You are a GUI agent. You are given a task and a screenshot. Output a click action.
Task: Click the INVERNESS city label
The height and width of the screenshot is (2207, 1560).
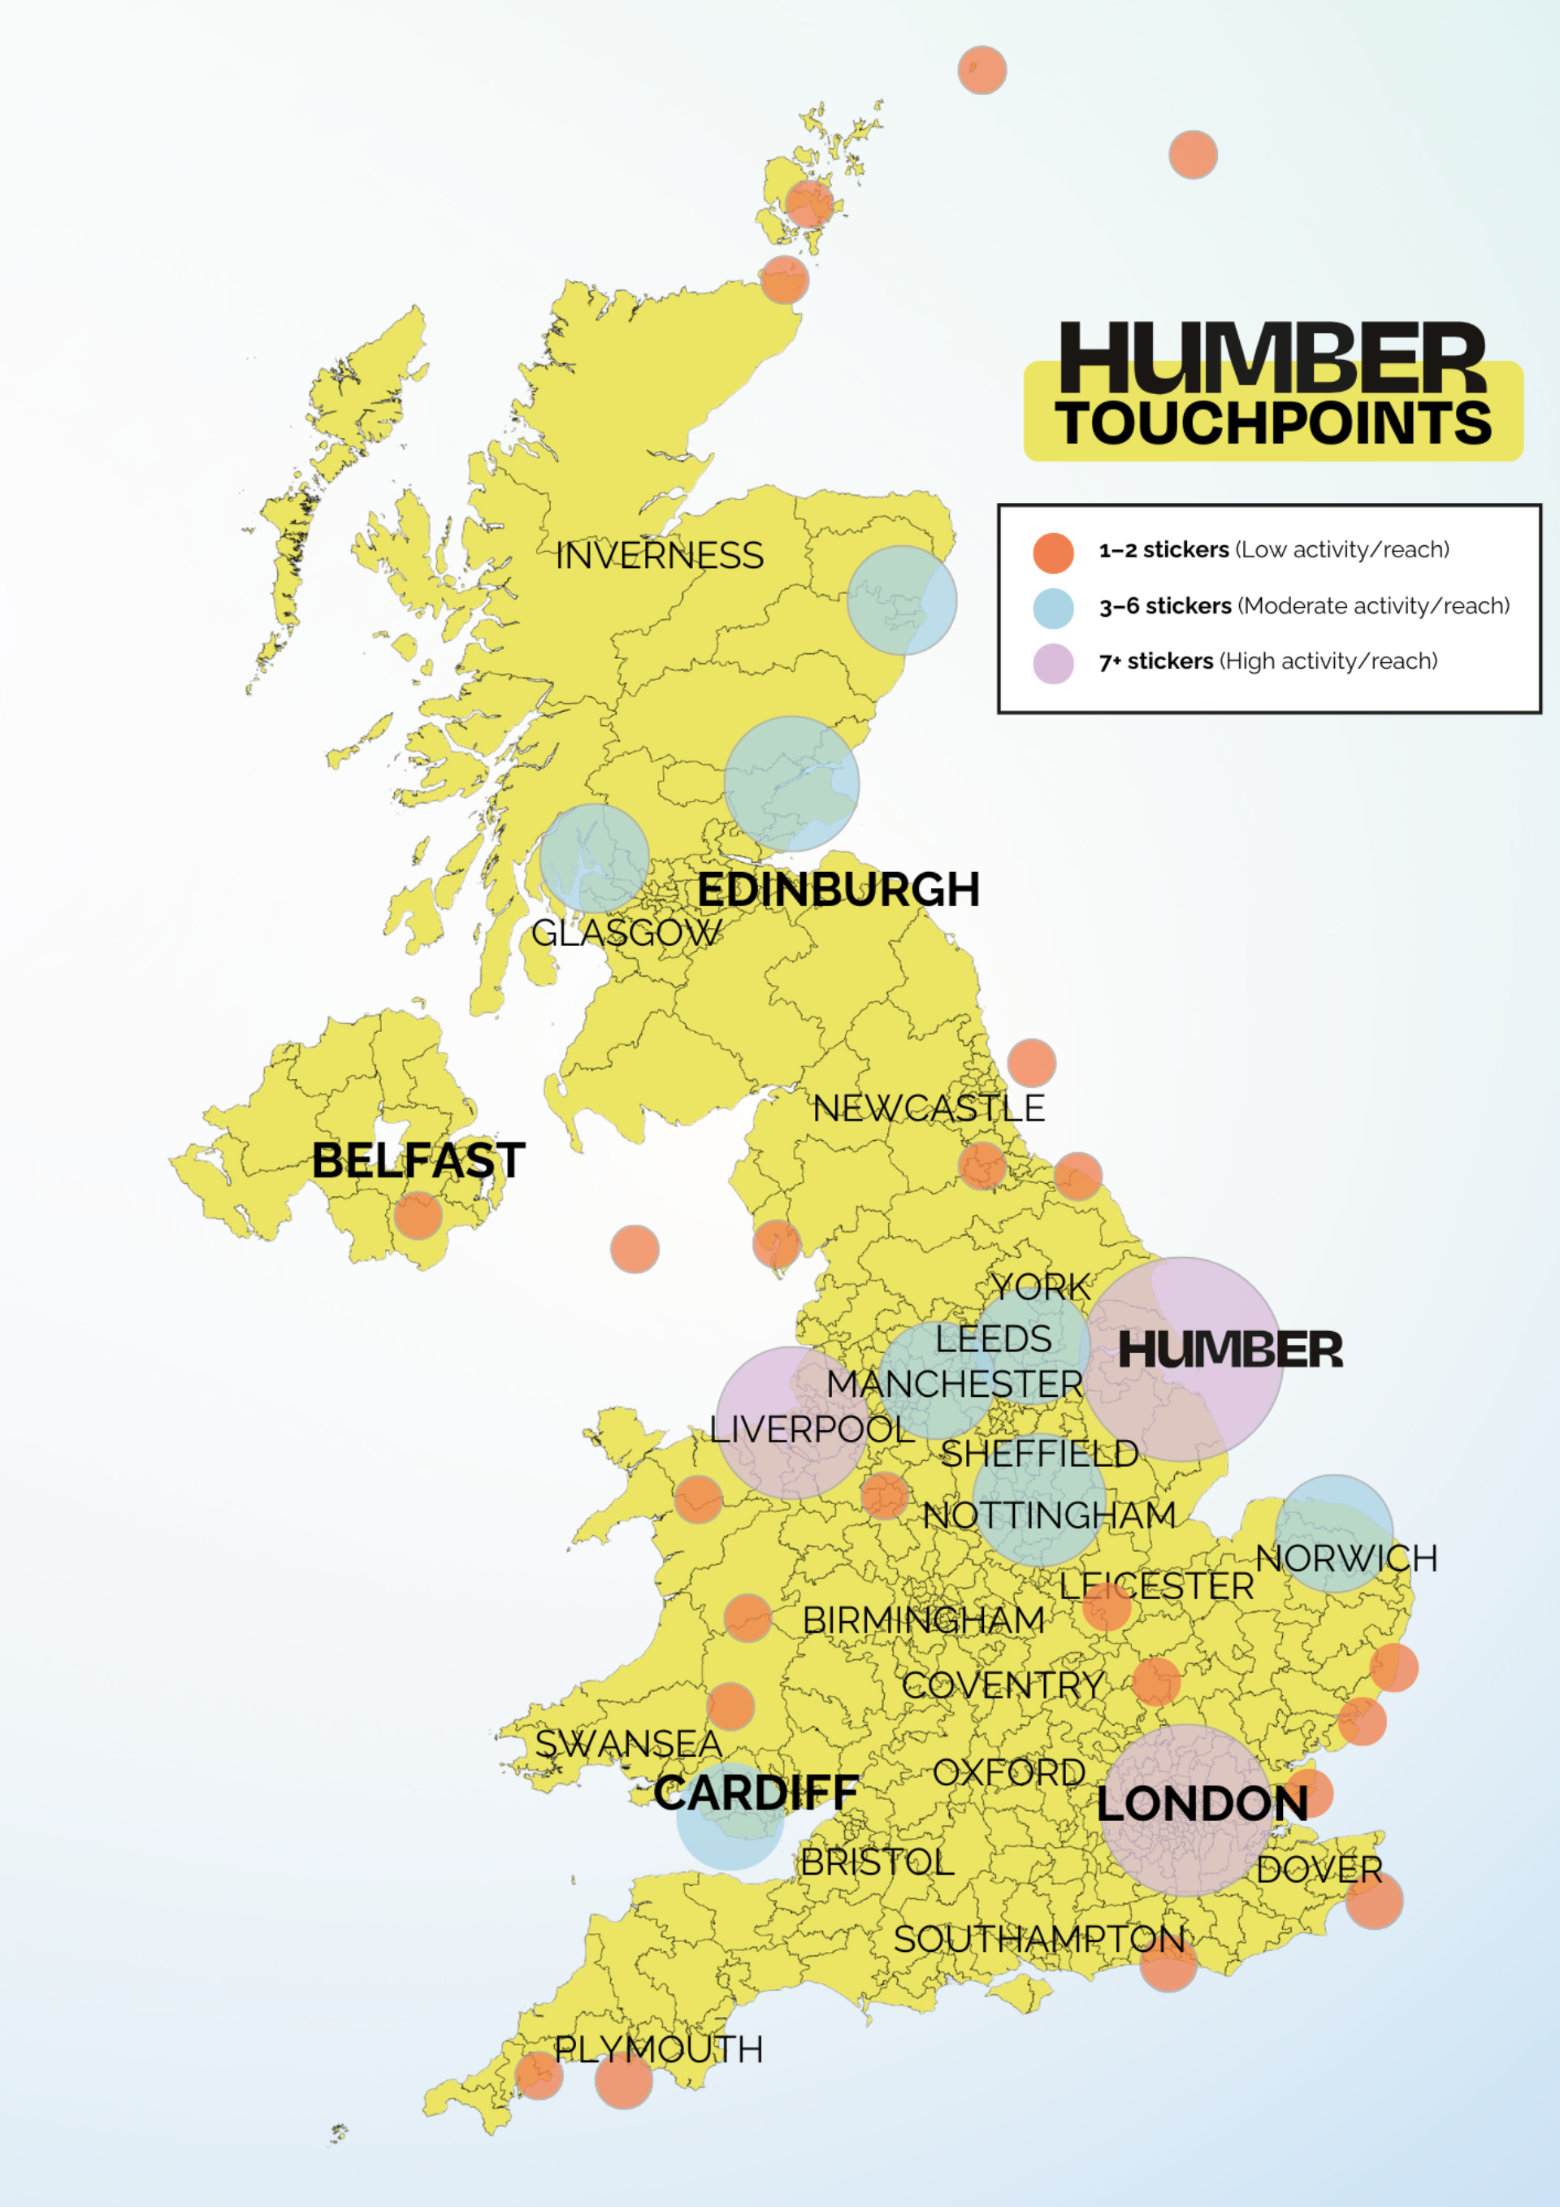[660, 556]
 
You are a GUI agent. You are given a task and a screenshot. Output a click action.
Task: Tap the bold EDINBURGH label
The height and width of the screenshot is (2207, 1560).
[838, 890]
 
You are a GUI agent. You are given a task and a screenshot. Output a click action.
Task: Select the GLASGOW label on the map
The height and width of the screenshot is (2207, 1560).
[626, 932]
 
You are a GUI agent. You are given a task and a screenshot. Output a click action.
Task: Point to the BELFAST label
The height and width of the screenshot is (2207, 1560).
[418, 1160]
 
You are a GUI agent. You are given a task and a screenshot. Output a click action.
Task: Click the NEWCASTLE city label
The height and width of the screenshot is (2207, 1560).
[929, 1108]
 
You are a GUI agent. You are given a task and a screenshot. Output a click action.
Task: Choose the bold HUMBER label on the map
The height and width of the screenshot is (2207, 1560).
[1229, 1351]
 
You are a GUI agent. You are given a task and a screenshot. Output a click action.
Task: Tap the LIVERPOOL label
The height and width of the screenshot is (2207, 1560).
[811, 1429]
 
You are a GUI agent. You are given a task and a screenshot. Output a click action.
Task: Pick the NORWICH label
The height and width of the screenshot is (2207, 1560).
[1345, 1559]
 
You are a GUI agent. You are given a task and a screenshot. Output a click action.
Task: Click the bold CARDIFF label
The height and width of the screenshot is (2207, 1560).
[756, 1793]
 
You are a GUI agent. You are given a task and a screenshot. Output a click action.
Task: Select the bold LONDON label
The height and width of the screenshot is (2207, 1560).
[1202, 1804]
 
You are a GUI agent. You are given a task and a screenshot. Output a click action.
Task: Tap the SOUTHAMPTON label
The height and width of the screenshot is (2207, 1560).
[1039, 1939]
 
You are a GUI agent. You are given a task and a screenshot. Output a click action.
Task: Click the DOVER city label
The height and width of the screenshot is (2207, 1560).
[1319, 1870]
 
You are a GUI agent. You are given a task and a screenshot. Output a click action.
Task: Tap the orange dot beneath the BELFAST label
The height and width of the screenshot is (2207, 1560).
[418, 1215]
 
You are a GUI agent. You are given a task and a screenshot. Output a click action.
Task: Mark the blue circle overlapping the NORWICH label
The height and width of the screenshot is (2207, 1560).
[1334, 1533]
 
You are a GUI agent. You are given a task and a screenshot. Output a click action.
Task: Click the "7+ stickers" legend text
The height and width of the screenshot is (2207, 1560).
[1155, 661]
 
